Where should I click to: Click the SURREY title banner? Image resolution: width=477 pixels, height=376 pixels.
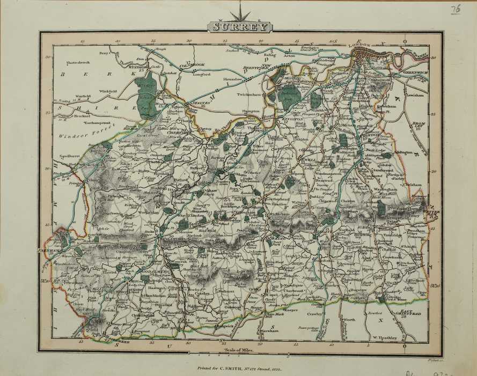[239, 26]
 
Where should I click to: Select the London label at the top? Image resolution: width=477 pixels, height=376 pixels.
[360, 46]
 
